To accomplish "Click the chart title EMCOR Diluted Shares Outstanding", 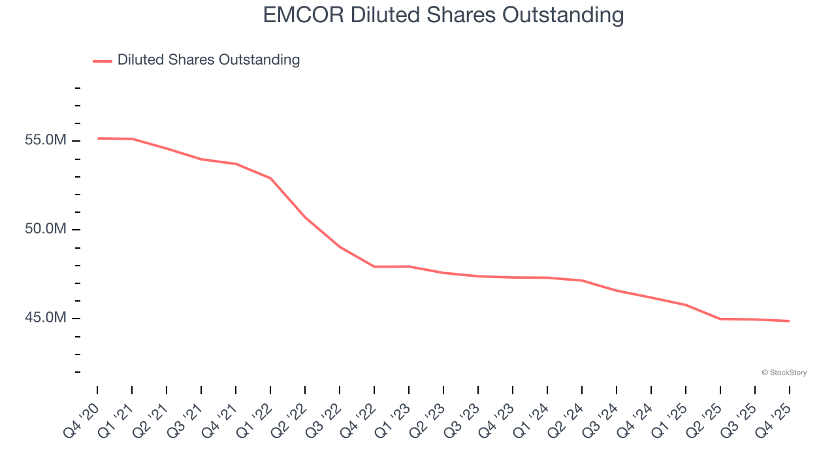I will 443,14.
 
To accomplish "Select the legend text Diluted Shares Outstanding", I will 208,60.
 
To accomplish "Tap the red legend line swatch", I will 103,61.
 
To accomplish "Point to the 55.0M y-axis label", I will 46,141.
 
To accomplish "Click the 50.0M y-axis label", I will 46,230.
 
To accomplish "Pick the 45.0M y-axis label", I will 46,319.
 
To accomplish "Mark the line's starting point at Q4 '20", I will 98,138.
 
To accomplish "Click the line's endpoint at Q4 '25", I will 789,321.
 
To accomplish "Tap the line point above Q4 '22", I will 374,266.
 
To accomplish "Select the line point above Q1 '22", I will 270,178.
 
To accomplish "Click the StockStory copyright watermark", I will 784,373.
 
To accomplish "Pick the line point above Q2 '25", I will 720,319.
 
